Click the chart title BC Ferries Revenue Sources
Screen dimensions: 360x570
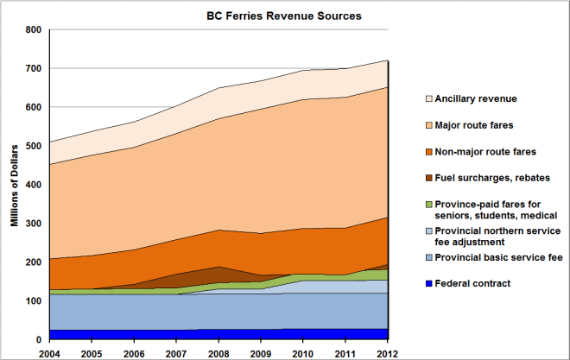283,16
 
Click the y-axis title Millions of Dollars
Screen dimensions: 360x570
15,184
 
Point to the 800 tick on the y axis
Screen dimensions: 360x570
32,29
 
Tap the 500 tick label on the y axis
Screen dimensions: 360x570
32,146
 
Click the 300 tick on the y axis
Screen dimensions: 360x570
32,224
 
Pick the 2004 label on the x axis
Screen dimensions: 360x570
50,352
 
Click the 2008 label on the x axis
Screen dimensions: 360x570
219,352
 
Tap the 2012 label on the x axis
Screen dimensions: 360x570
388,352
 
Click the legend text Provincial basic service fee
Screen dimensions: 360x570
498,256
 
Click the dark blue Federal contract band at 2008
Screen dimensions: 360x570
219,333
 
